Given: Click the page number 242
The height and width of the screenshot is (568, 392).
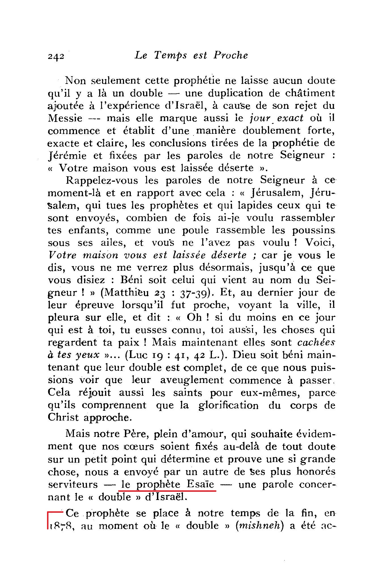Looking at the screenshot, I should tap(56, 56).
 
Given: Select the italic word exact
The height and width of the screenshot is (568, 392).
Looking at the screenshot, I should tap(290, 118).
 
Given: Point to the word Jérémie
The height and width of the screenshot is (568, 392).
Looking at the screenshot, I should tap(67, 156).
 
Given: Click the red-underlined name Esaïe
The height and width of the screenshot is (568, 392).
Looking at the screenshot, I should tap(200, 484).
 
